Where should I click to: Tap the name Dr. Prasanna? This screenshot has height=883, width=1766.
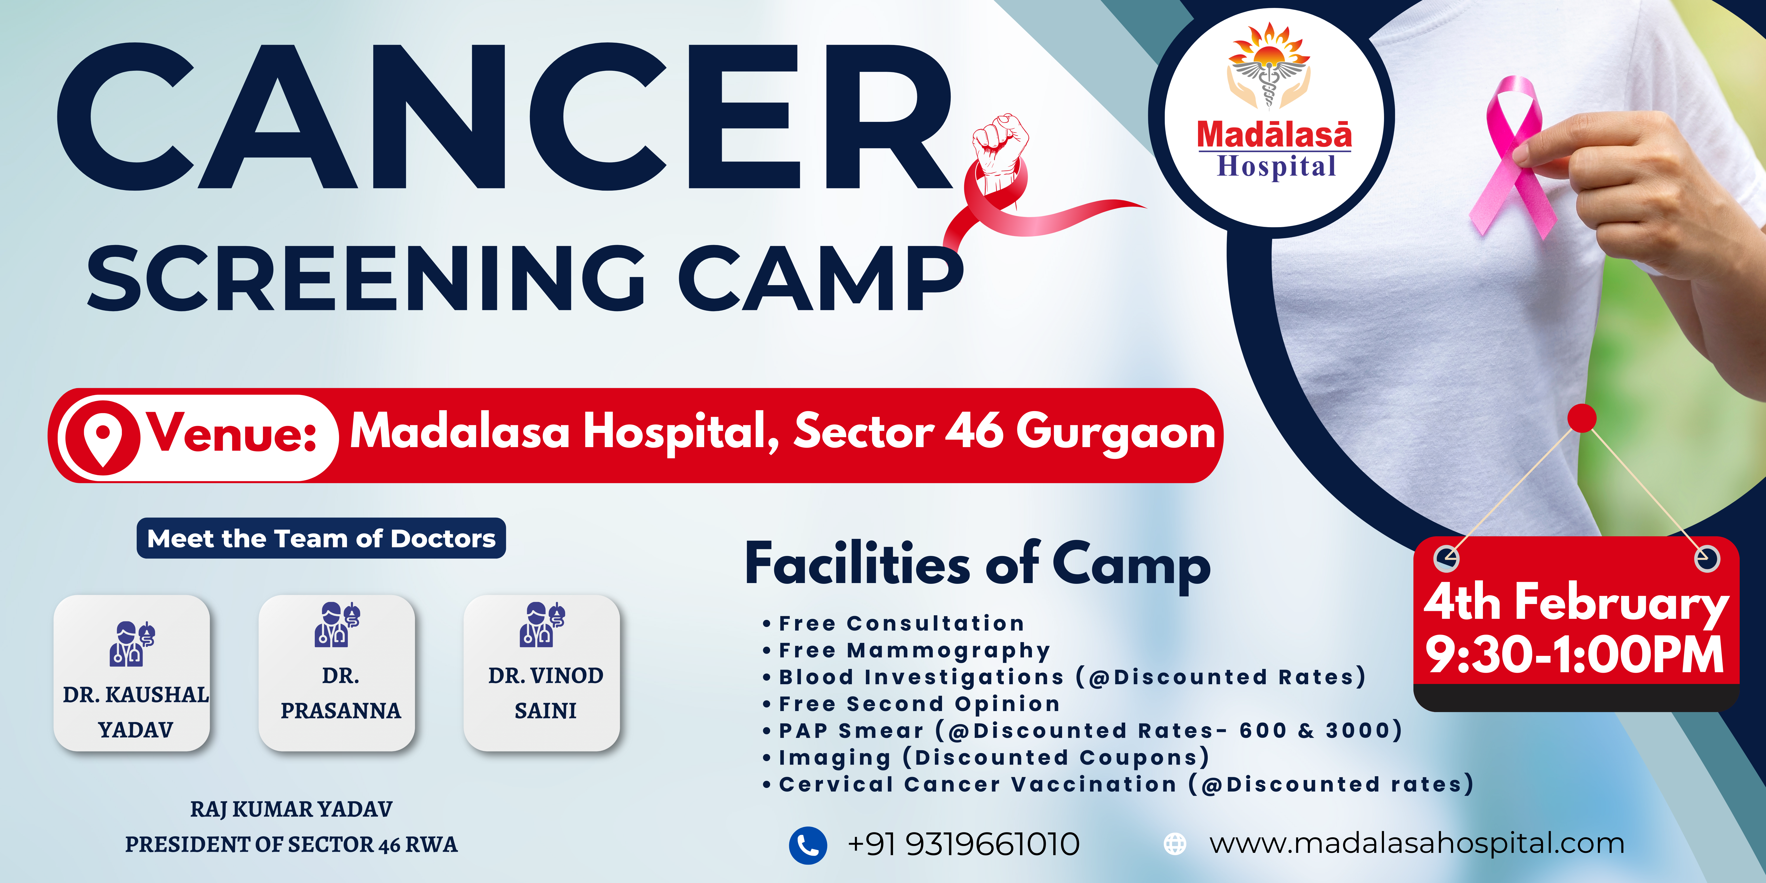tap(341, 693)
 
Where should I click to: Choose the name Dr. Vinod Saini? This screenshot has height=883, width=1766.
tap(546, 693)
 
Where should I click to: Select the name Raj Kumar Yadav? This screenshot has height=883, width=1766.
tap(291, 810)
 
